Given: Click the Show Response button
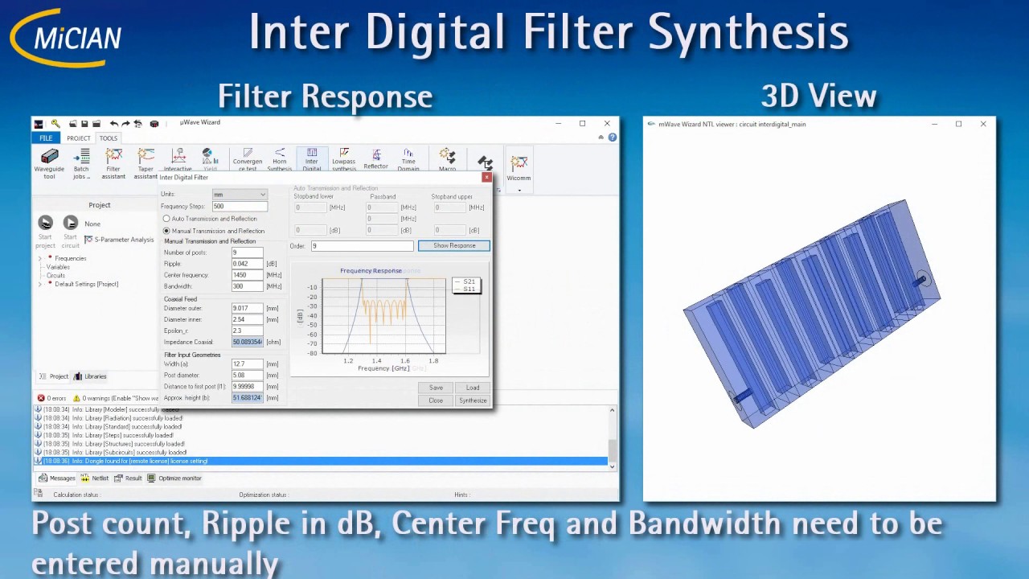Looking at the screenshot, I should (x=453, y=245).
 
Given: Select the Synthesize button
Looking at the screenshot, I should (x=473, y=400).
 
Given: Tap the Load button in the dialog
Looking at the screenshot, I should (x=473, y=388).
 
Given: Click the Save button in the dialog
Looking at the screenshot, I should (x=436, y=388).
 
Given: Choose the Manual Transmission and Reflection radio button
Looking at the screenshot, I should (x=167, y=231).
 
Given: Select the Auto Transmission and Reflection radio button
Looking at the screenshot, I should (x=167, y=219).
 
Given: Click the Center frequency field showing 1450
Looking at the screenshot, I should (x=247, y=275).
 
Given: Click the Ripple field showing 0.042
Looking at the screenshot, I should (x=247, y=264).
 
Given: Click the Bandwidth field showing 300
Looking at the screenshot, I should (x=247, y=286).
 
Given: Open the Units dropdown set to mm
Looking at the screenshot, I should (x=240, y=195).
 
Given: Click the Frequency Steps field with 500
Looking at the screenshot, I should (x=240, y=207).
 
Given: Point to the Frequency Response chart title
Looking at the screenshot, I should (x=371, y=271).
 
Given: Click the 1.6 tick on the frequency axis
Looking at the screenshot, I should (x=404, y=360).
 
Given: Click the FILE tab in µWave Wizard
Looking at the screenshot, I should (x=46, y=138).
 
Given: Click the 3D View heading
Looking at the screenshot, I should (x=818, y=96).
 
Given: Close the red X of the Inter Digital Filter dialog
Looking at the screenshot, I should (x=486, y=177).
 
